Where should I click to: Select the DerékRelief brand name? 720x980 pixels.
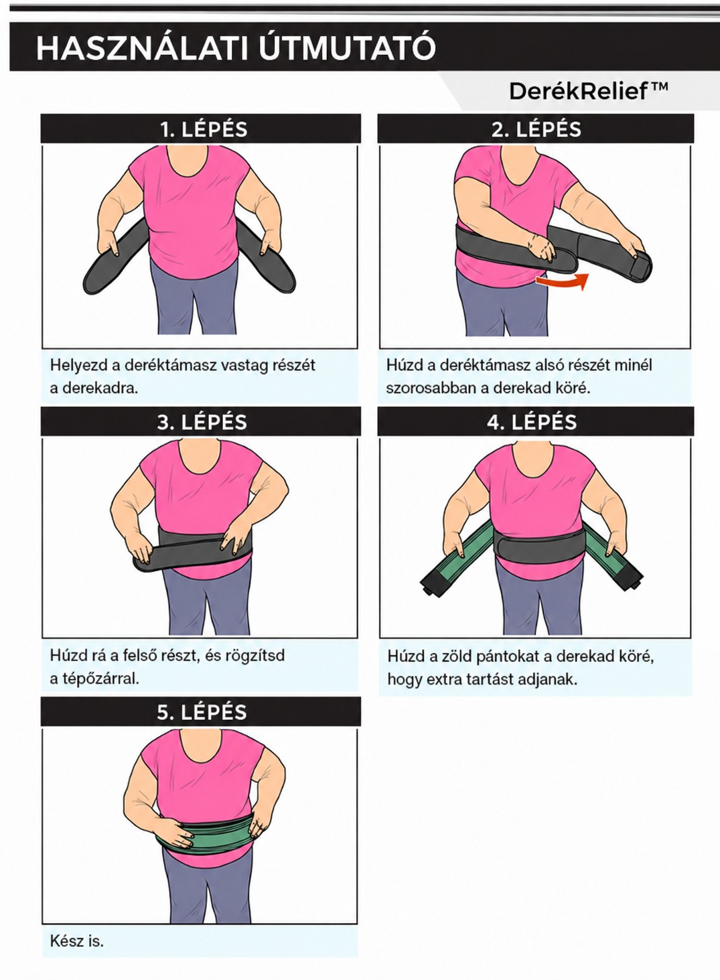click(579, 92)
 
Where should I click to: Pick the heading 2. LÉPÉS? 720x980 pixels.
click(536, 129)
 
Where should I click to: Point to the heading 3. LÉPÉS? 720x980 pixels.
click(202, 422)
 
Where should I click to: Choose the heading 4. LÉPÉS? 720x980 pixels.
click(532, 422)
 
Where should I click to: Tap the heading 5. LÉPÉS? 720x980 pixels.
click(202, 712)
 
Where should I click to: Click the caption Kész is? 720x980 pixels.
click(77, 940)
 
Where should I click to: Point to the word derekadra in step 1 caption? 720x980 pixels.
click(100, 388)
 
